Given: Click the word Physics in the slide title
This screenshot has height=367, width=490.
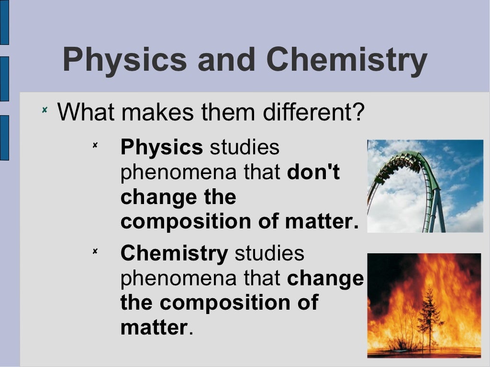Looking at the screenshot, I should click(x=124, y=60).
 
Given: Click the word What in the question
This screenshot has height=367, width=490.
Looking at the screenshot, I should click(x=86, y=112).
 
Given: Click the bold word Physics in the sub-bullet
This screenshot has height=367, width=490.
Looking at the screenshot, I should click(x=162, y=148).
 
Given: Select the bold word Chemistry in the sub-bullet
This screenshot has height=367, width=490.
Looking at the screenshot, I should click(x=174, y=254).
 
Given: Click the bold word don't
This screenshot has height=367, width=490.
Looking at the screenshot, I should click(x=313, y=173).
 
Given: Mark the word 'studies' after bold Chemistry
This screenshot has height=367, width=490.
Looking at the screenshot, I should click(x=269, y=254).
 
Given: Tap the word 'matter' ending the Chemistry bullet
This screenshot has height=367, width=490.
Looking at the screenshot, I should click(x=154, y=328).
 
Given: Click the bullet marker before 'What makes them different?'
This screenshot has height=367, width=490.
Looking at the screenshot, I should click(x=44, y=110).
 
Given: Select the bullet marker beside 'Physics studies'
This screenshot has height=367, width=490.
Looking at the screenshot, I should click(x=95, y=145).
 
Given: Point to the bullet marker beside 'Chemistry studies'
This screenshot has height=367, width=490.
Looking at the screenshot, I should click(x=95, y=251).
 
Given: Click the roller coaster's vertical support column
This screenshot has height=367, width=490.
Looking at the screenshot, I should click(x=436, y=210).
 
